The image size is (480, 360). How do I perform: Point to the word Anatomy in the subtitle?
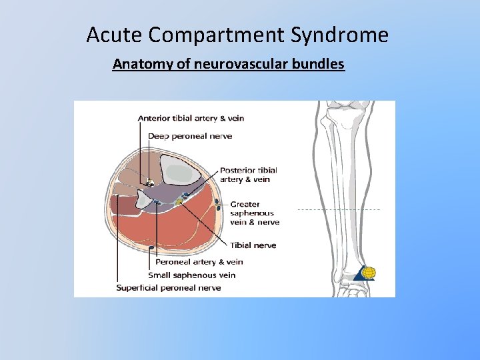pos(140,65)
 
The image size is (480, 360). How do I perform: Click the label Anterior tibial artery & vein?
pos(191,118)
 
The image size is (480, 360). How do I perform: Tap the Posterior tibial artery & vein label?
pos(248,175)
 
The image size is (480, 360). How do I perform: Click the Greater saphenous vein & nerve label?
pos(255,213)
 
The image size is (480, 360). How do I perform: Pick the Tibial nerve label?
pos(253,245)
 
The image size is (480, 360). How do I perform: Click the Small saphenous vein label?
pos(191,275)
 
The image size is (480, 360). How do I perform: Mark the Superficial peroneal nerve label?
pos(169,288)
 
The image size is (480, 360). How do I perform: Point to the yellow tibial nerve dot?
pos(179,201)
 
